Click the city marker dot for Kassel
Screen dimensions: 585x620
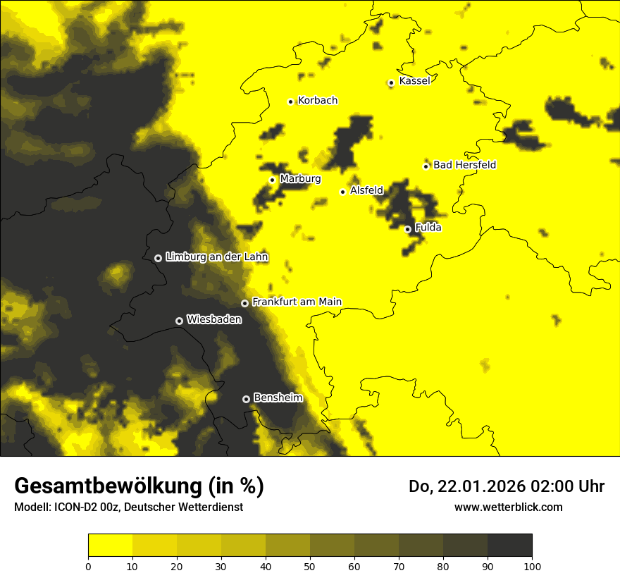click(x=391, y=82)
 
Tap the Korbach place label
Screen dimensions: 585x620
click(x=318, y=101)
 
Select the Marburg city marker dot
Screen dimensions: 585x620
click(x=272, y=180)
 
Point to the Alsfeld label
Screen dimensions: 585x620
click(x=366, y=190)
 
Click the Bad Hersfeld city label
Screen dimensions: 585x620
click(x=464, y=165)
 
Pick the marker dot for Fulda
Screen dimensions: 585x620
click(x=407, y=229)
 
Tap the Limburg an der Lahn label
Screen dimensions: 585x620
click(x=217, y=257)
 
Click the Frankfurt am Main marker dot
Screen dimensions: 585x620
click(x=244, y=303)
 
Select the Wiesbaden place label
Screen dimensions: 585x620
click(x=214, y=320)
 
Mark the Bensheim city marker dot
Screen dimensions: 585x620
click(x=246, y=399)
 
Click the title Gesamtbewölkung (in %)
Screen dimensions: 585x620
click(x=139, y=486)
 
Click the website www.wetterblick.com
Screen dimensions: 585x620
click(x=509, y=507)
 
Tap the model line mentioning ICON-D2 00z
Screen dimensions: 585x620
click(x=128, y=507)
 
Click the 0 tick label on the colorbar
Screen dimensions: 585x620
click(x=88, y=566)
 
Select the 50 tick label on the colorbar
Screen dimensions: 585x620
click(x=310, y=566)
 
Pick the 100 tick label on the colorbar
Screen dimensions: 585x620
click(x=532, y=566)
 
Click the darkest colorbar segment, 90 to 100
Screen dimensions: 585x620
click(x=509, y=545)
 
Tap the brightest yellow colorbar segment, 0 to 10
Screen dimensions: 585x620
click(x=110, y=545)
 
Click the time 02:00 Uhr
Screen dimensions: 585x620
click(x=569, y=486)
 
